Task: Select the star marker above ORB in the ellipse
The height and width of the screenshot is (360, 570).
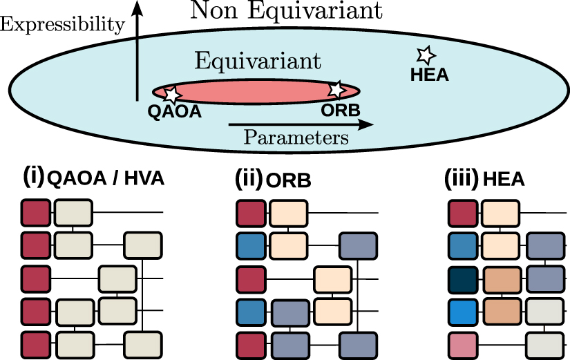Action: (336, 89)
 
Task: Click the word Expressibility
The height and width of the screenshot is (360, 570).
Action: (62, 25)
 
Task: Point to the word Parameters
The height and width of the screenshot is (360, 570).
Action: (296, 138)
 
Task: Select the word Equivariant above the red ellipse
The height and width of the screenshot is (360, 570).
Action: (258, 61)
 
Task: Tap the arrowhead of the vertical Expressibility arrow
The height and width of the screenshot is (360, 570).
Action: (137, 8)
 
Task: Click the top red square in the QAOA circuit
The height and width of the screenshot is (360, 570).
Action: (35, 211)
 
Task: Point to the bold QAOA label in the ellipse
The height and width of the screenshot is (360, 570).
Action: (175, 111)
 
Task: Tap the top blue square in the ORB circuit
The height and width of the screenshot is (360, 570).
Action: (249, 245)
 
